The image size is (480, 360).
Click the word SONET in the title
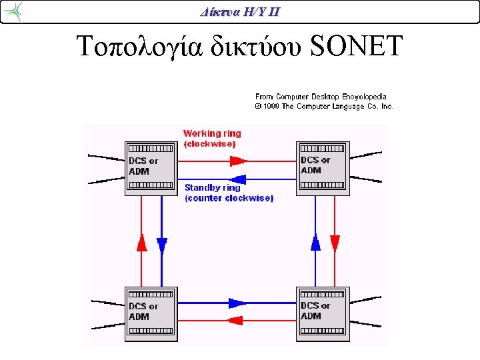coord(356,45)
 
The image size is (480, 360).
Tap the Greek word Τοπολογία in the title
coord(139,47)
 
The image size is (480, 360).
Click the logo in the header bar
coord(14,12)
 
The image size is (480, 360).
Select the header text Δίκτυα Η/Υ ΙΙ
coord(240,12)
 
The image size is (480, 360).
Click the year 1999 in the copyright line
coord(271,106)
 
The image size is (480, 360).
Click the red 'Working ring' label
coord(212,133)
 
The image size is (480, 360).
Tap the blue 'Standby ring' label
coord(213,187)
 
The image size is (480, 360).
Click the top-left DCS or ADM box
coord(151,169)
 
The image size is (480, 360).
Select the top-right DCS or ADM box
coord(323,169)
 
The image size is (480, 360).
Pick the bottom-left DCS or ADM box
coord(151,314)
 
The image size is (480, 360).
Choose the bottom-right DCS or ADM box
coord(323,314)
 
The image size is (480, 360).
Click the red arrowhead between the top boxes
coord(239,161)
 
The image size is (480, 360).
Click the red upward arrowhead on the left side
coord(141,243)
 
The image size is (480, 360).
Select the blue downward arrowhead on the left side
coord(161,247)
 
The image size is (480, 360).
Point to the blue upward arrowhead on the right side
coord(315,243)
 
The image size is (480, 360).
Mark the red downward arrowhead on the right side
coord(335,244)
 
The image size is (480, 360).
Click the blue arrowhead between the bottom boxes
coord(237,303)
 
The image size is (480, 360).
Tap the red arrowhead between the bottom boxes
coord(235,321)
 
